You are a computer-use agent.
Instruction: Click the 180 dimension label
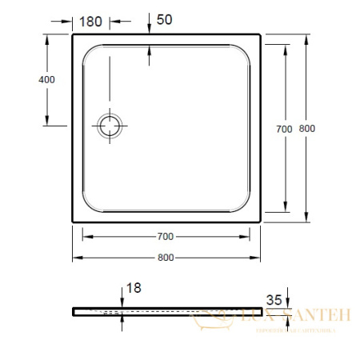click(91, 22)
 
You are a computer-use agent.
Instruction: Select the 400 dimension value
click(25, 80)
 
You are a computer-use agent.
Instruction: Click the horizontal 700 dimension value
click(165, 238)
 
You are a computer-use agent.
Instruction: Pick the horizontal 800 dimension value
click(165, 257)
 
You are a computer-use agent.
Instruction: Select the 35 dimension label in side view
click(274, 300)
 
